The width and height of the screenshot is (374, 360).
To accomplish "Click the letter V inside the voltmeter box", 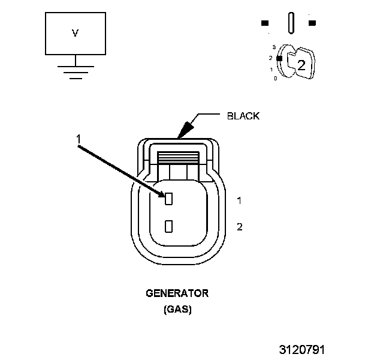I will pyautogui.click(x=75, y=34).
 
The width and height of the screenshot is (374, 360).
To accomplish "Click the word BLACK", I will pyautogui.click(x=243, y=116).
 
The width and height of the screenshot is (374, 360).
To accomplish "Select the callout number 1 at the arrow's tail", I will pyautogui.click(x=79, y=139).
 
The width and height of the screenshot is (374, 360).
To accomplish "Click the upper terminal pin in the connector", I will pyautogui.click(x=169, y=198).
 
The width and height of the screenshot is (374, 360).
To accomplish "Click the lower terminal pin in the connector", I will pyautogui.click(x=169, y=226).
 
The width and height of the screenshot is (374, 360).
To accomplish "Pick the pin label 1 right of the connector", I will pyautogui.click(x=239, y=200).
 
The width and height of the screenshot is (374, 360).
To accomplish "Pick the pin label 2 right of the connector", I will pyautogui.click(x=239, y=227).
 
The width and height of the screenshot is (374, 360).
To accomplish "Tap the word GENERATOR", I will pyautogui.click(x=177, y=293).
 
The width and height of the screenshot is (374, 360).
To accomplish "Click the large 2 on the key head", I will pyautogui.click(x=301, y=66).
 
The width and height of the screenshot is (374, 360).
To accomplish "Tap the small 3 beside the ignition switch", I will pyautogui.click(x=273, y=47).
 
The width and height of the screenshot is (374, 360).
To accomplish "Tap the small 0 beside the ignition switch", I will pyautogui.click(x=275, y=79).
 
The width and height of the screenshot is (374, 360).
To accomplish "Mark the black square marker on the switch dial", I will pyautogui.click(x=279, y=58).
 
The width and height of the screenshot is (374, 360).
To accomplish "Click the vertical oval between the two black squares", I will pyautogui.click(x=291, y=23).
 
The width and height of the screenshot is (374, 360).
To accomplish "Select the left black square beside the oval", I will pyautogui.click(x=264, y=23).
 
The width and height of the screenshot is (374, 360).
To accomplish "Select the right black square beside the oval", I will pyautogui.click(x=312, y=23).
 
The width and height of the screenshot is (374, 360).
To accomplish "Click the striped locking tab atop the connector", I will pyautogui.click(x=179, y=157).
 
